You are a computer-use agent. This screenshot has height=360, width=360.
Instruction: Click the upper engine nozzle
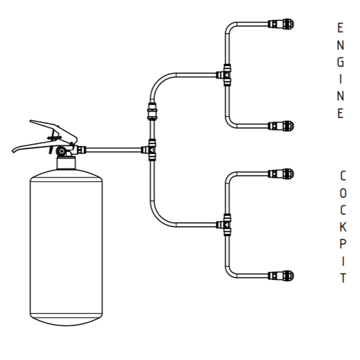(281, 24)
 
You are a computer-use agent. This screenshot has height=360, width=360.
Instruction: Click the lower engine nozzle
(281, 126)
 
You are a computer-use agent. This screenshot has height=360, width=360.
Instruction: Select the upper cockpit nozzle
(281, 174)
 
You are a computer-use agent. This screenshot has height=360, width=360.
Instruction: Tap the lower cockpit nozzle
(281, 276)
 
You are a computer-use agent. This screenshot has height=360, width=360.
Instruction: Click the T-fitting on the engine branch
(225, 75)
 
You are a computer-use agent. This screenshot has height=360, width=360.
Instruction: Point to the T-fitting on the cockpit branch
(225, 225)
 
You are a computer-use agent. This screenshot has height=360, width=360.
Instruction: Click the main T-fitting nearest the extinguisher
(150, 150)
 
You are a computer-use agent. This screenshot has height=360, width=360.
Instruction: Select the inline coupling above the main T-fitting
(152, 111)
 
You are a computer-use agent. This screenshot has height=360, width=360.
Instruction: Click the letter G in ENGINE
(341, 63)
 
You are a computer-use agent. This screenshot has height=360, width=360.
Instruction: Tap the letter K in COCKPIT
(343, 227)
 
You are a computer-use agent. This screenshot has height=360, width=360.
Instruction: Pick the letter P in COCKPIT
(343, 244)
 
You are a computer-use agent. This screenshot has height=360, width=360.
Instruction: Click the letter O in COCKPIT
(343, 193)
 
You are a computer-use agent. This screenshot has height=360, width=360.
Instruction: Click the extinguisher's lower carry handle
(34, 146)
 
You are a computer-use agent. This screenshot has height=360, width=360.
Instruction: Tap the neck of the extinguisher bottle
(66, 163)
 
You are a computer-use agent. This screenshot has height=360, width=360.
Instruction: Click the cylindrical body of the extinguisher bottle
(66, 247)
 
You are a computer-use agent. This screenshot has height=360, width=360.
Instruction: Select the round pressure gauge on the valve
(62, 151)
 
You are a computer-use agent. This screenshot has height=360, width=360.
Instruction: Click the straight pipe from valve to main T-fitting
(113, 150)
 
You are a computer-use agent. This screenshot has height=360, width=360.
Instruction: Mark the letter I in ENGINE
(341, 79)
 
